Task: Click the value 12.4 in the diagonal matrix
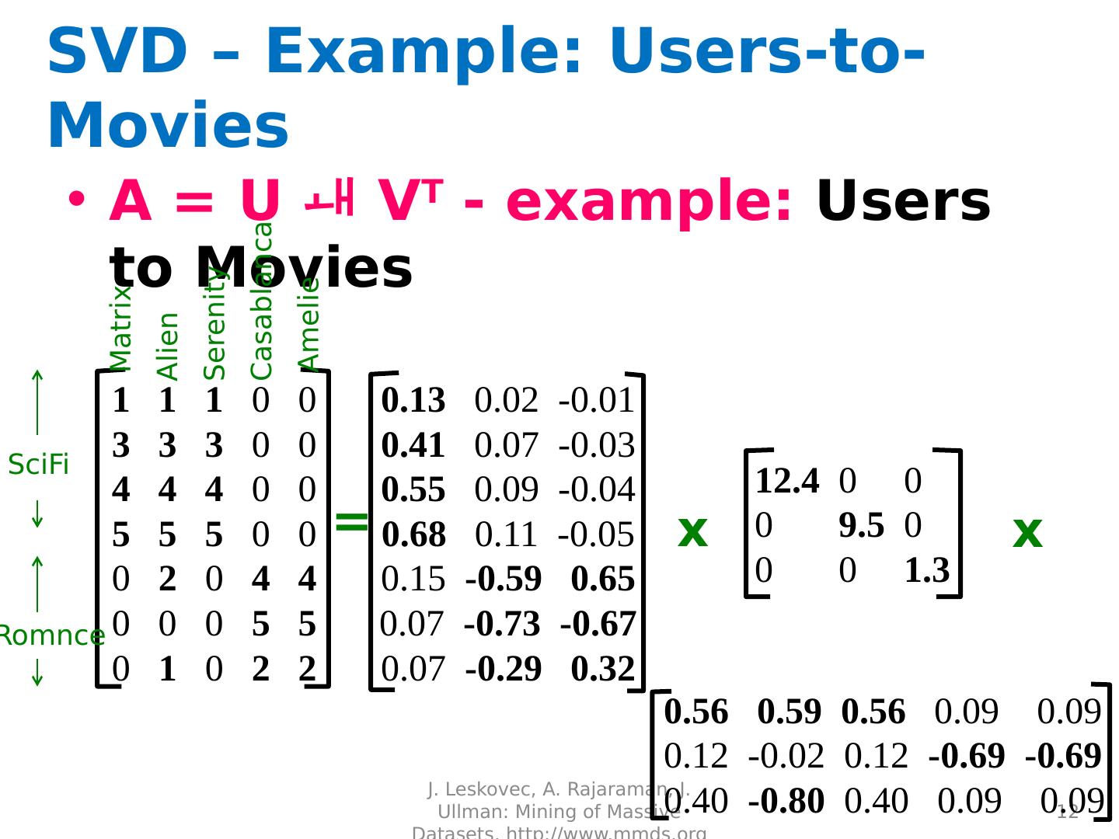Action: [x=786, y=482]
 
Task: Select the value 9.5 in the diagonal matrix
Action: [x=861, y=527]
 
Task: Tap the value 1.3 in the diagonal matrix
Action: [x=927, y=571]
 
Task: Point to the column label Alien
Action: [x=168, y=346]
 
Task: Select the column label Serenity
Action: [x=214, y=322]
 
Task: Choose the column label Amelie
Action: [x=309, y=324]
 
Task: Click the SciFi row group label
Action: [x=39, y=465]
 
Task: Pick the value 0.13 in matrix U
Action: [x=413, y=401]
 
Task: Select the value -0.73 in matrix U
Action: [x=502, y=625]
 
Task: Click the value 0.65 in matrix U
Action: [x=603, y=580]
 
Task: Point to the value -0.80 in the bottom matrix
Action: [x=786, y=802]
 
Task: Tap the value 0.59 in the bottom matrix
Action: [x=789, y=712]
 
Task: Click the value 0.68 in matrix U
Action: [x=413, y=535]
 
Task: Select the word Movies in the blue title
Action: [x=168, y=126]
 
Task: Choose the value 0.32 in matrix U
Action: [x=603, y=670]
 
